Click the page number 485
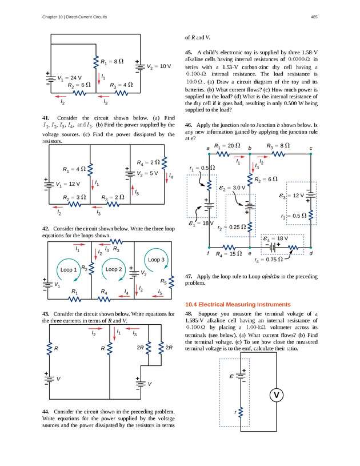[x=314, y=17]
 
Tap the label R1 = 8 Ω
[x=112, y=61]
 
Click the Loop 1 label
[x=68, y=269]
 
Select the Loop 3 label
[x=157, y=259]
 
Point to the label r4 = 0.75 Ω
[x=269, y=260]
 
